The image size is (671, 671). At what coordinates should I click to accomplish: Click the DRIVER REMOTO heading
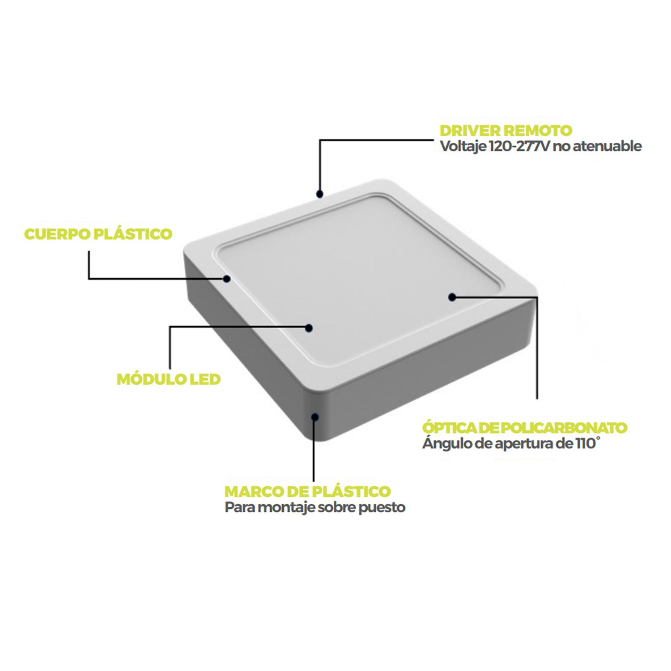(x=506, y=131)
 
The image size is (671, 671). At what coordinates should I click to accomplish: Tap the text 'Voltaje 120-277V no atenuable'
(x=541, y=146)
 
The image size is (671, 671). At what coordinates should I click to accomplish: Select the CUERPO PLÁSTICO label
(x=98, y=234)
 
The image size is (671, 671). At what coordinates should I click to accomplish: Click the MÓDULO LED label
(x=169, y=379)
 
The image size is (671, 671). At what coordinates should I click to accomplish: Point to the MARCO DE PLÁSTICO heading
(x=307, y=491)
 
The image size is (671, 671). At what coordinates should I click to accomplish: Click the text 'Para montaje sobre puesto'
(x=315, y=508)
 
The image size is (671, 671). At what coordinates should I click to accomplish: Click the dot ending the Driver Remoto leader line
(x=319, y=194)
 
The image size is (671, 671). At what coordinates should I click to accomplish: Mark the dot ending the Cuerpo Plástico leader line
(x=227, y=279)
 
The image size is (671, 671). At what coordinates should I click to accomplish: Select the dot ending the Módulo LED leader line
(x=308, y=327)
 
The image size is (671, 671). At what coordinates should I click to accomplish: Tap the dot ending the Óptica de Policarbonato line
(x=452, y=297)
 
